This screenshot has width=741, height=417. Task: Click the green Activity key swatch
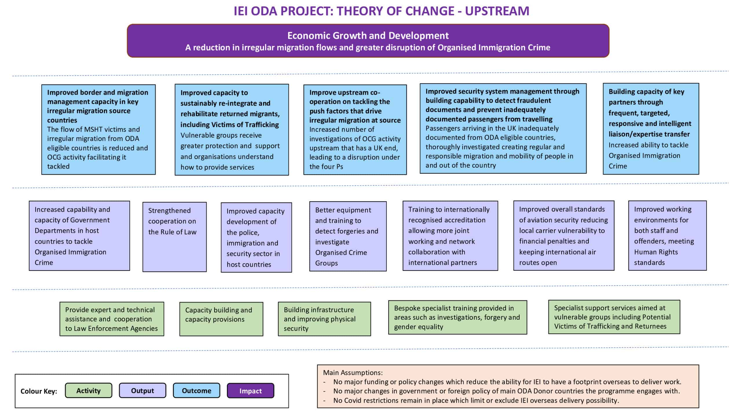tap(88, 390)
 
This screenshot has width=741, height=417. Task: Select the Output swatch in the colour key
tap(142, 390)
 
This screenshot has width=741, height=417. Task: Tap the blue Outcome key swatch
tap(197, 390)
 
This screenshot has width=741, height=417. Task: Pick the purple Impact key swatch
tap(250, 390)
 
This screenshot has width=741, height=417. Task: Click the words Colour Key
tap(39, 391)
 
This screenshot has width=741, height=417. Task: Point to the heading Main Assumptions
tap(353, 372)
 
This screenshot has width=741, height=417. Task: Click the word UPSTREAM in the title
tap(497, 11)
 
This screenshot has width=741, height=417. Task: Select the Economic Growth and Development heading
tap(368, 35)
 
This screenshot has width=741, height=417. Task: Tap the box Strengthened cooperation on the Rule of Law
tap(175, 237)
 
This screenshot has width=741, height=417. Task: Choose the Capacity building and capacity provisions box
tap(221, 319)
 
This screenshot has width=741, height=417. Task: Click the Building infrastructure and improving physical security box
tap(324, 319)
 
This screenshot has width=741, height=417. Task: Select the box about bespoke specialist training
tap(458, 317)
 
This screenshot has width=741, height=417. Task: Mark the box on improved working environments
tap(667, 235)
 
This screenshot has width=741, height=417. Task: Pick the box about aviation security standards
tap(564, 235)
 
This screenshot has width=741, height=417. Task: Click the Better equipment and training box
tap(348, 236)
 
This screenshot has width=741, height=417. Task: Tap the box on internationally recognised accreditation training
tap(450, 236)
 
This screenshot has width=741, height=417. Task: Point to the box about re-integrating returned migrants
tap(232, 129)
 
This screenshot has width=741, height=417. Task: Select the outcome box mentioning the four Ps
tap(355, 129)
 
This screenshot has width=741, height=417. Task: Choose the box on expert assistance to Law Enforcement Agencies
tap(112, 319)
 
